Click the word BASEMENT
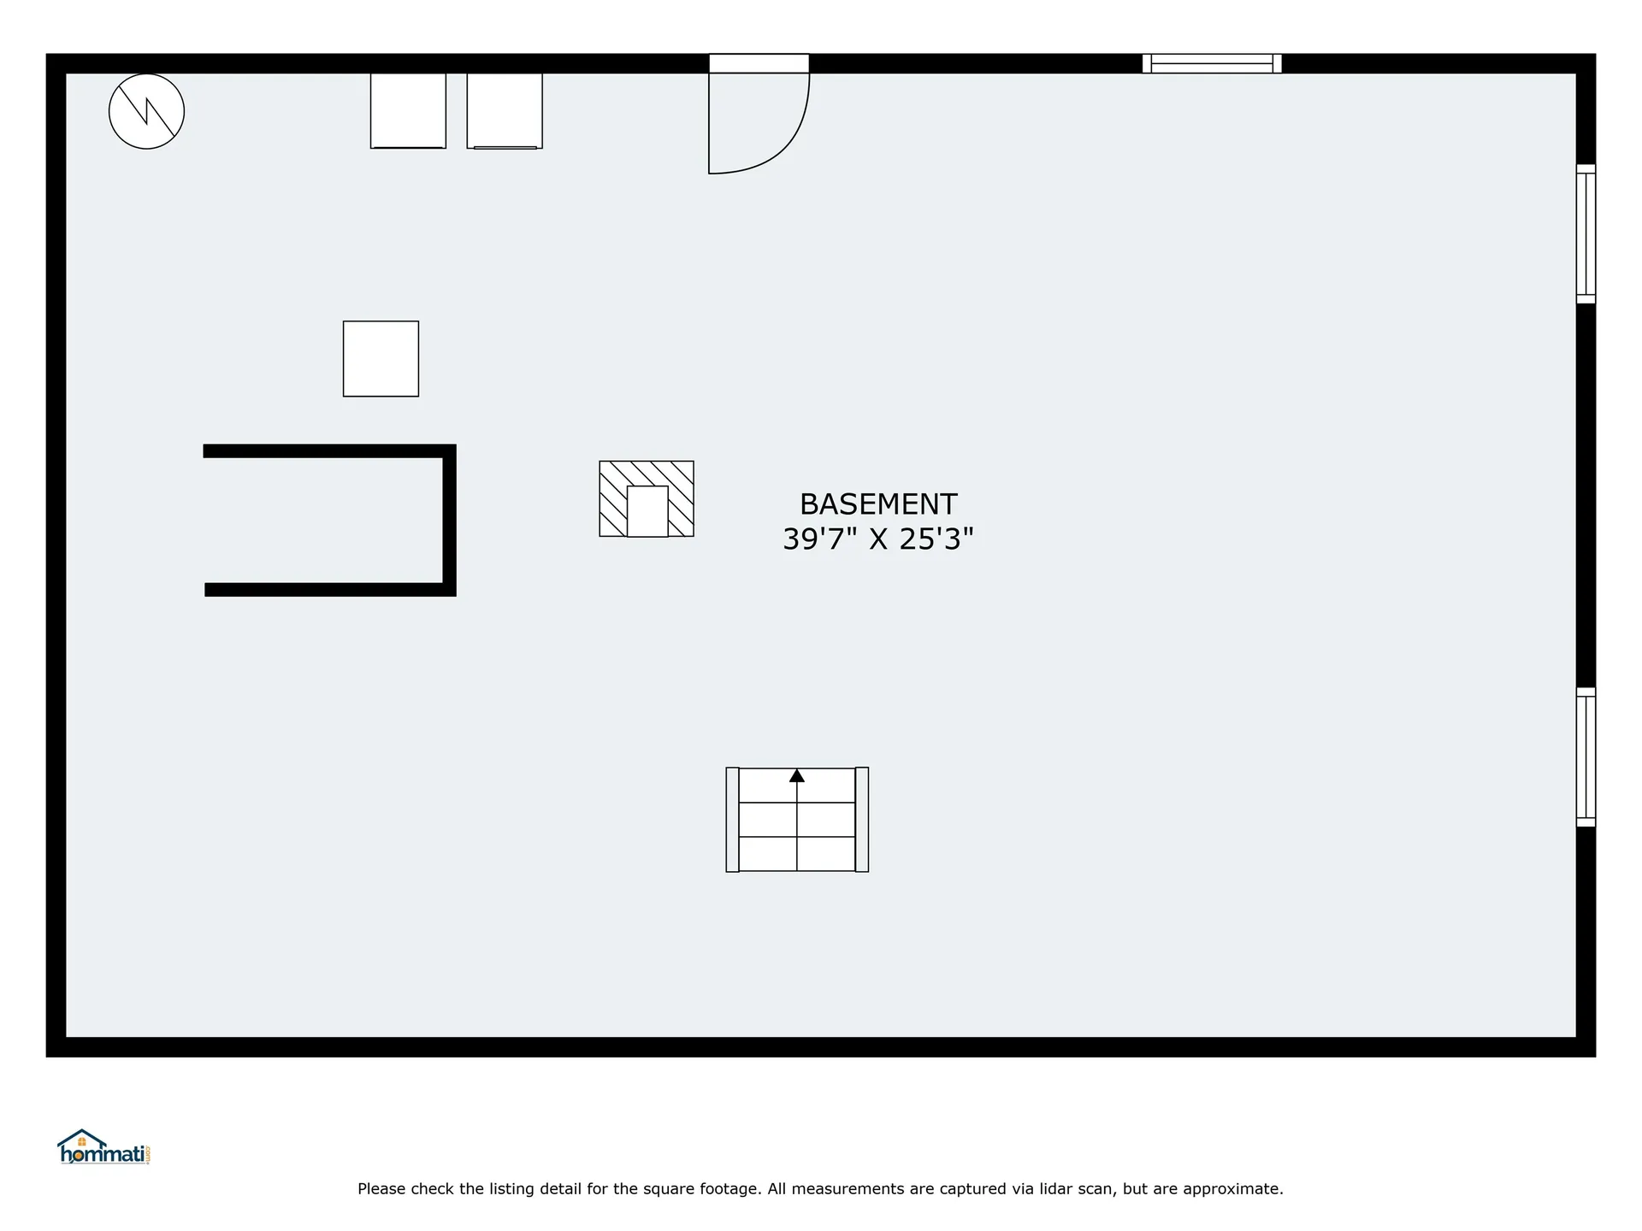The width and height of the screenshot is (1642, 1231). pyautogui.click(x=878, y=504)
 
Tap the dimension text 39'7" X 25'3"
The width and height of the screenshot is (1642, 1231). pyautogui.click(x=878, y=539)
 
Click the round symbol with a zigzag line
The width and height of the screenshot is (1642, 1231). pyautogui.click(x=146, y=111)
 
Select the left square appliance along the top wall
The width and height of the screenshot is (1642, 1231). pyautogui.click(x=408, y=110)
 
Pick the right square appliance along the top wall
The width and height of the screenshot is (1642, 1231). pyautogui.click(x=505, y=110)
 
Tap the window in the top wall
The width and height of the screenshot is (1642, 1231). pyautogui.click(x=1212, y=63)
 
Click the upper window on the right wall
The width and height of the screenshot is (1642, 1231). pyautogui.click(x=1586, y=233)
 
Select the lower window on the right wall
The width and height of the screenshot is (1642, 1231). pyautogui.click(x=1586, y=757)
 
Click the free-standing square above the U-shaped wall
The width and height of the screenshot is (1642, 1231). pyautogui.click(x=381, y=358)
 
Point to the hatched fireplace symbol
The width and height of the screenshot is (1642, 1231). pyautogui.click(x=612, y=498)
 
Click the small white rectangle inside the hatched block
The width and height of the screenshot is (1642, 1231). pyautogui.click(x=647, y=511)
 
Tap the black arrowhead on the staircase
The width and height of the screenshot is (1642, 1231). pyautogui.click(x=797, y=775)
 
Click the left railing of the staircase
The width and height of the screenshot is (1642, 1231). pyautogui.click(x=732, y=819)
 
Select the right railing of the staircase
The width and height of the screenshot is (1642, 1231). pyautogui.click(x=862, y=819)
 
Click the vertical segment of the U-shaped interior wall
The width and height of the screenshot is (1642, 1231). pyautogui.click(x=449, y=520)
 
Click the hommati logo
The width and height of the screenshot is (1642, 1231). pyautogui.click(x=103, y=1147)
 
